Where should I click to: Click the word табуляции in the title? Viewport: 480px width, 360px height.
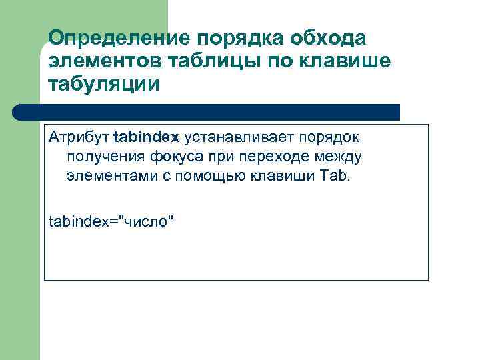(104, 85)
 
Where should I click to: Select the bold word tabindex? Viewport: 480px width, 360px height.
(146, 137)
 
